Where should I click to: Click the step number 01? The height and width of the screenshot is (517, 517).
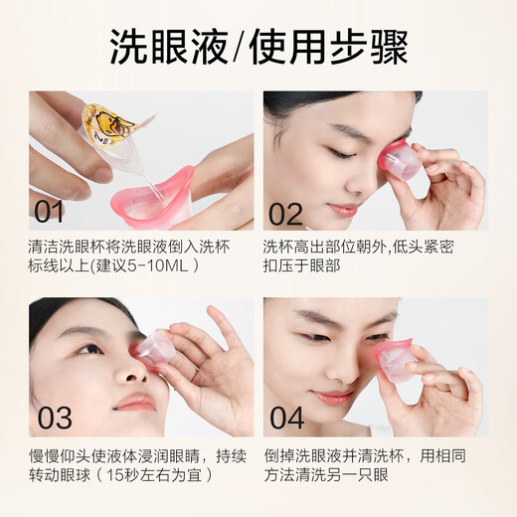50,211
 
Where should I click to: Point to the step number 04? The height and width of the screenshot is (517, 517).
287,416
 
